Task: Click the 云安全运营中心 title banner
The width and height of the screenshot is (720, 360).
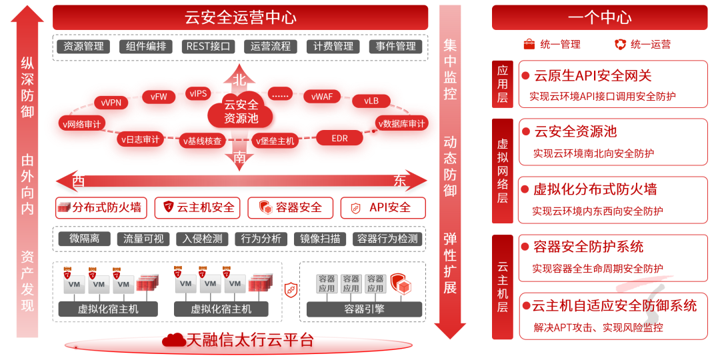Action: click(x=240, y=17)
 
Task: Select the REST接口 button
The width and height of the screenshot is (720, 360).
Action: click(x=209, y=47)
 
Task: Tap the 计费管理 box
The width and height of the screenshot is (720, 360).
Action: click(x=334, y=47)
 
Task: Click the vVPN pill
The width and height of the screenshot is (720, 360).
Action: click(x=111, y=103)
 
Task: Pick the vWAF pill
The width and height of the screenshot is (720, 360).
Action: click(x=322, y=97)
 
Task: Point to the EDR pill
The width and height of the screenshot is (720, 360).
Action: click(x=339, y=138)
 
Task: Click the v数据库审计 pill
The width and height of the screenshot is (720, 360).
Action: click(x=401, y=123)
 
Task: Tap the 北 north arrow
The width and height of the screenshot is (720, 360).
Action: click(x=240, y=76)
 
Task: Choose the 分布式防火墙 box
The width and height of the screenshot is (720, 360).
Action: click(x=100, y=208)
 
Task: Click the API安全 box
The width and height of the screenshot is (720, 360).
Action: click(x=383, y=208)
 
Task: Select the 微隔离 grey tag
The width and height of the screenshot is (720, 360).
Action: click(x=84, y=239)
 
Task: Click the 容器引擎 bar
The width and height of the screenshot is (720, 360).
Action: click(x=364, y=309)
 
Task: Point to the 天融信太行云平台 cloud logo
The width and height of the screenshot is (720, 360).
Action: click(x=175, y=340)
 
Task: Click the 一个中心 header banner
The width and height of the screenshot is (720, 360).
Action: click(x=599, y=17)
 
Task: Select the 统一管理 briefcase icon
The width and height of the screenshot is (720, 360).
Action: click(x=529, y=45)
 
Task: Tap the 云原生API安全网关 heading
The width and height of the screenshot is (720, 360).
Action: click(x=593, y=76)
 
